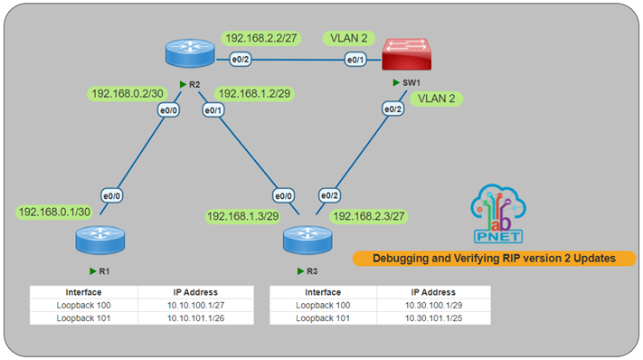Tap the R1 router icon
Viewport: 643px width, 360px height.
pos(99,242)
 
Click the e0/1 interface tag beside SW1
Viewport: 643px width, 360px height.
pos(355,61)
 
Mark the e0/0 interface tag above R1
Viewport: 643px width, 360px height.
pos(111,194)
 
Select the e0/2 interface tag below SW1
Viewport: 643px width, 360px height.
pos(392,109)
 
